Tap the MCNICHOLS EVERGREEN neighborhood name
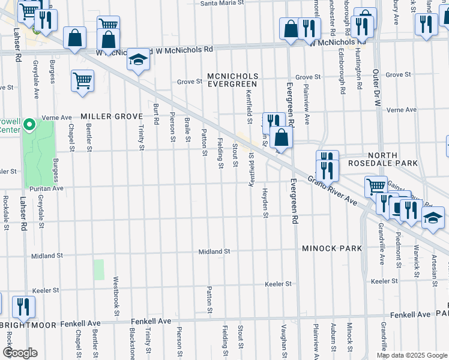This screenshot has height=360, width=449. [233, 80]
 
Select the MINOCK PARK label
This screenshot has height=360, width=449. [332, 248]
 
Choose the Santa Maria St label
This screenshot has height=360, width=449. [222, 3]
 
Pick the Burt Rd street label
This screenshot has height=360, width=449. [156, 113]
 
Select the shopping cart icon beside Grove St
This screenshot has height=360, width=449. [82, 80]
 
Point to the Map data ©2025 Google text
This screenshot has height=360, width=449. [412, 355]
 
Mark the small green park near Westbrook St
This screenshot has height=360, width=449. [99, 269]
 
